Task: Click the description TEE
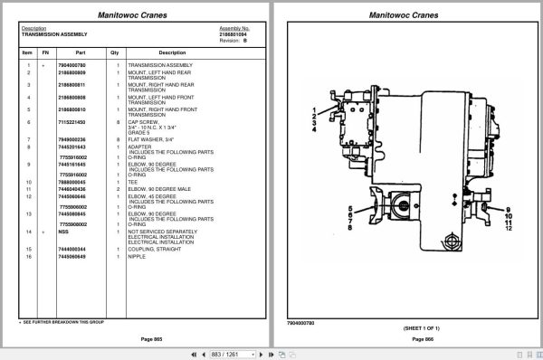(x=132, y=182)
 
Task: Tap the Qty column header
(x=115, y=52)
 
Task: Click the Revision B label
(x=233, y=39)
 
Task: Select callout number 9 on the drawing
(x=509, y=213)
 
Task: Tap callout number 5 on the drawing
(x=349, y=210)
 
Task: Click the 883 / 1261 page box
(x=226, y=354)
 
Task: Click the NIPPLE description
(x=137, y=256)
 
